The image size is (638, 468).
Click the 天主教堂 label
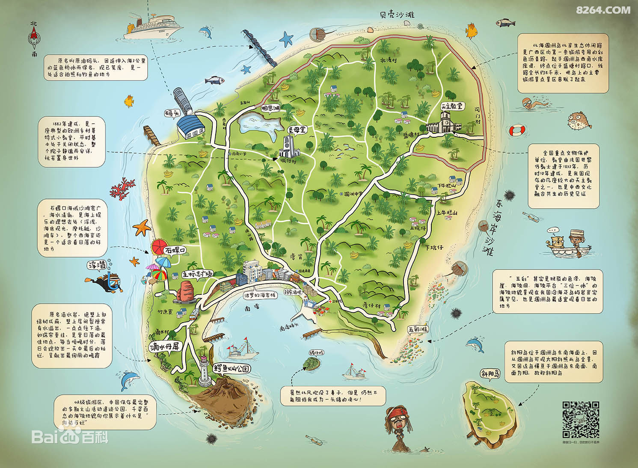[452, 106]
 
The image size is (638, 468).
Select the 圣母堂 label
[296, 129]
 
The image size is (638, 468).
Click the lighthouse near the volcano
[204, 372]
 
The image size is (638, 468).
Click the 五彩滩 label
[418, 329]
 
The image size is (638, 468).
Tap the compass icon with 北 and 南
[34, 39]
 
